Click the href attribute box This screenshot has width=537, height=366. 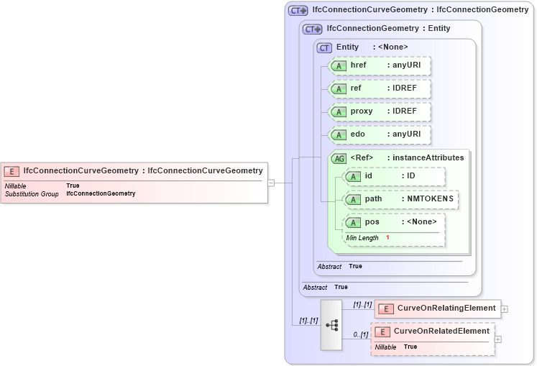click(379, 65)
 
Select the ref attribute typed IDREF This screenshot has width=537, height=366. click(379, 88)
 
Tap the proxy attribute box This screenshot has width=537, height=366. click(379, 111)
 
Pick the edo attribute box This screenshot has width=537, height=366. click(379, 134)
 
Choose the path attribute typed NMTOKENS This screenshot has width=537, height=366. click(400, 199)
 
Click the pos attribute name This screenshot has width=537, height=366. click(372, 221)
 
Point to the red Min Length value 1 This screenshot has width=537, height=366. click(387, 237)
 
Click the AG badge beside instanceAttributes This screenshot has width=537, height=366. click(338, 158)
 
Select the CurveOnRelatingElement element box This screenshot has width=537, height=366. click(437, 308)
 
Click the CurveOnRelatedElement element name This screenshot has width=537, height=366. click(441, 331)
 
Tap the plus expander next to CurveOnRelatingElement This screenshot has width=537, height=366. click(505, 309)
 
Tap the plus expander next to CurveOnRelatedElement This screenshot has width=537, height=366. click(497, 339)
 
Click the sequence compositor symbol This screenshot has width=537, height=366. click(331, 325)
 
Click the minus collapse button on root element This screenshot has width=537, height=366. click(271, 183)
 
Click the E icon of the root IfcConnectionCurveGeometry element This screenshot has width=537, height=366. click(12, 171)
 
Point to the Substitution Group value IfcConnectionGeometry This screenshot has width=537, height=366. click(101, 194)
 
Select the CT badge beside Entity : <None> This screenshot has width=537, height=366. click(325, 47)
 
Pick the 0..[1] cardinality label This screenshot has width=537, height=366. click(361, 334)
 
